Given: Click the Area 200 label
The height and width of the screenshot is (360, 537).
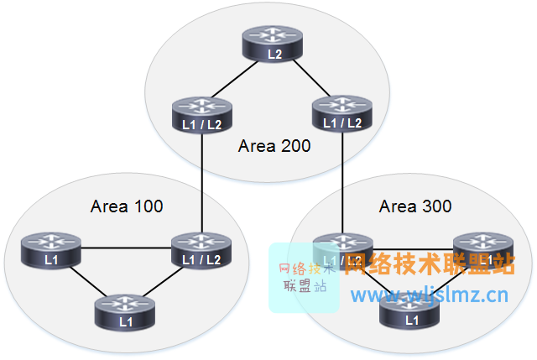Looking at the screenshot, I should tap(274, 146).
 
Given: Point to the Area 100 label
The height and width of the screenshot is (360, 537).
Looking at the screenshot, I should tap(127, 206).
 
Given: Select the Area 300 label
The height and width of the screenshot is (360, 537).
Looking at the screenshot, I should tap(415, 206).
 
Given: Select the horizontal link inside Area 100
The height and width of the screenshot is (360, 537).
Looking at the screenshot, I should tap(126, 248).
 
